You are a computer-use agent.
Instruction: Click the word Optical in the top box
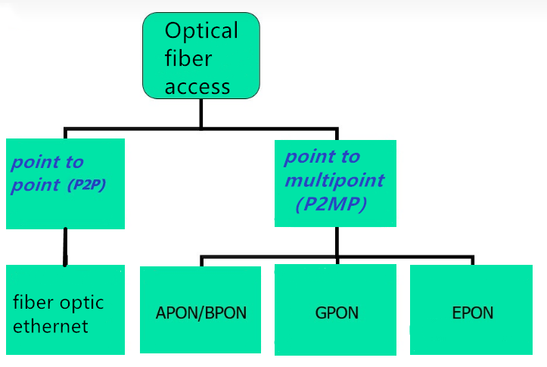201,31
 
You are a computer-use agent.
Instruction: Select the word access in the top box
197,86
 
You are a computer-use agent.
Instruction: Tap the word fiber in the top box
188,59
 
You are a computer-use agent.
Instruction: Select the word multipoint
334,182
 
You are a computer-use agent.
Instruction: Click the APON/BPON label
201,313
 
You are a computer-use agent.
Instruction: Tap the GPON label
336,313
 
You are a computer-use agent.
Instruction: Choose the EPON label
472,313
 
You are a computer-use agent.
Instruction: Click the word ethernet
51,327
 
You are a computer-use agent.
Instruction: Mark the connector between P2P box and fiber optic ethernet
65,247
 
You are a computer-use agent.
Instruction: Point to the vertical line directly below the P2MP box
337,241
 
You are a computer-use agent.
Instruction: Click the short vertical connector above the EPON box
473,260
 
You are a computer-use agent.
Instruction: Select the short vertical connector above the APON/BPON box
201,261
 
